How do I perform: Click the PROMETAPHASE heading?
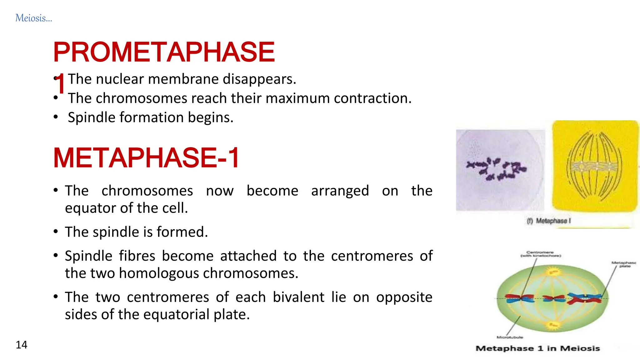pyautogui.click(x=164, y=52)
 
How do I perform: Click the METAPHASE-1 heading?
pyautogui.click(x=146, y=158)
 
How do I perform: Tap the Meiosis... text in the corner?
pyautogui.click(x=34, y=18)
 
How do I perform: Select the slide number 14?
pyautogui.click(x=22, y=345)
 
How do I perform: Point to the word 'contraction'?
pyautogui.click(x=372, y=98)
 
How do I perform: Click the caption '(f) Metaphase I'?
pyautogui.click(x=549, y=221)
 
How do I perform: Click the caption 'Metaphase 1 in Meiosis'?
pyautogui.click(x=537, y=348)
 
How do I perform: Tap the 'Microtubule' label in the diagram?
pyautogui.click(x=510, y=337)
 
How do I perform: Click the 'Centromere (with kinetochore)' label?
pyautogui.click(x=540, y=254)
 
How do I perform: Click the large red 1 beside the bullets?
pyautogui.click(x=60, y=84)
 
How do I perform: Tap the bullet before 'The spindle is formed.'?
pyautogui.click(x=56, y=232)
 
